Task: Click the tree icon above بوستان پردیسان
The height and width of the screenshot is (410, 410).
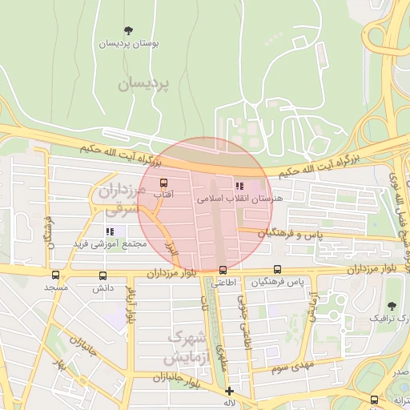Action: tap(129, 31)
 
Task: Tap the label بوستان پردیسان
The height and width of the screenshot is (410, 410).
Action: tap(128, 44)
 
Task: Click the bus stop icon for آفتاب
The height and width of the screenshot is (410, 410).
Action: tap(164, 183)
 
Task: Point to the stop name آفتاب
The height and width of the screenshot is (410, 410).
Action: tap(163, 195)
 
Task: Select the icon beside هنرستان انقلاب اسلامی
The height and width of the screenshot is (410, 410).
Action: tap(238, 186)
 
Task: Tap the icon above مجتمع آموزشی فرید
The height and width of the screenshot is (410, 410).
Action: tap(110, 231)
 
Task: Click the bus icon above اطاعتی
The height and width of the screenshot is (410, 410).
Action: tap(223, 270)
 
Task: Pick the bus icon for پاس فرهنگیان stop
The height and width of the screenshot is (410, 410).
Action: tap(277, 270)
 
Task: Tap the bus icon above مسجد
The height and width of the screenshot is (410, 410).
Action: tap(54, 274)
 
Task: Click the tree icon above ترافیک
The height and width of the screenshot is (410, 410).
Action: tap(392, 306)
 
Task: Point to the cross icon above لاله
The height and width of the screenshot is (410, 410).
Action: tap(230, 392)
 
